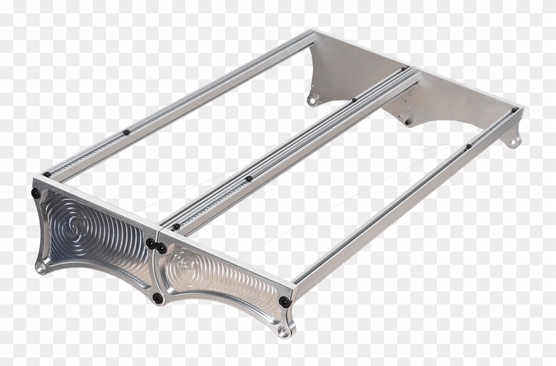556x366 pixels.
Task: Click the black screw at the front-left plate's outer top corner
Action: click(35, 193)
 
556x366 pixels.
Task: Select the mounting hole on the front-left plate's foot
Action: click(41, 267)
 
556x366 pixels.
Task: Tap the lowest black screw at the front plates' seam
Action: click(158, 298)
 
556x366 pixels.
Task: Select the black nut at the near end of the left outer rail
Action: click(46, 174)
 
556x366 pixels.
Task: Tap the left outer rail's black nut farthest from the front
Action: click(126, 132)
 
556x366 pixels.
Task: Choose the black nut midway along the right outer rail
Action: click(468, 146)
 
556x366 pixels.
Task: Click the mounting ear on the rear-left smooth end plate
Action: click(313, 100)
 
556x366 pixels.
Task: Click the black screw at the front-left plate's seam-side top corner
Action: click(150, 242)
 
